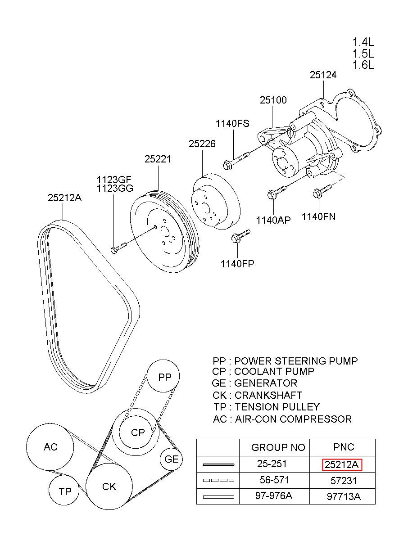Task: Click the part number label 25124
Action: click(323, 75)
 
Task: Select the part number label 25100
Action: click(273, 100)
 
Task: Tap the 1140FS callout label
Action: click(232, 124)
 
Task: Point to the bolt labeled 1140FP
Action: click(240, 236)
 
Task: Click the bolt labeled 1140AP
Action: click(277, 192)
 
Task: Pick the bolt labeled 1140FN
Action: click(322, 191)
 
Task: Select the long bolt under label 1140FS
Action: click(236, 161)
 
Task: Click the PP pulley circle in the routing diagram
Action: click(163, 377)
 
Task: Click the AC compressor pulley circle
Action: click(50, 447)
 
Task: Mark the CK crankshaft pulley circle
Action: click(109, 486)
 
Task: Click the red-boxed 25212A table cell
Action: click(342, 465)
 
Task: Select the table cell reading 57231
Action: click(344, 481)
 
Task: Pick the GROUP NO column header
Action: click(278, 447)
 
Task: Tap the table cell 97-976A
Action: click(274, 495)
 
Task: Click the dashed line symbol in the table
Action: click(218, 481)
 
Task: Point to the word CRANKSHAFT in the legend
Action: click(268, 396)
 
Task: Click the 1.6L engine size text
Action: click(363, 65)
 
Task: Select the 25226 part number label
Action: click(202, 144)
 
